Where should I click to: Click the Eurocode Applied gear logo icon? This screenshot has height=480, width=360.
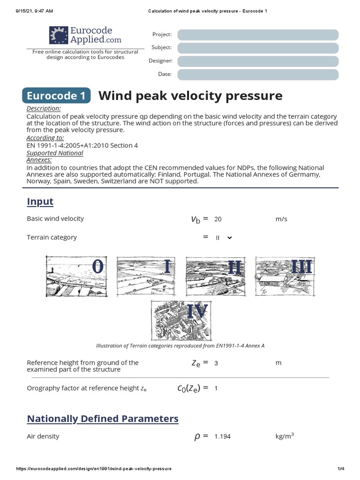pos(59,35)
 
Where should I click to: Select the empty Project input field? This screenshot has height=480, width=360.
pos(258,35)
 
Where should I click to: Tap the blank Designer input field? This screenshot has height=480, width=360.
pos(258,61)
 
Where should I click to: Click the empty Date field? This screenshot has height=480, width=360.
pos(258,75)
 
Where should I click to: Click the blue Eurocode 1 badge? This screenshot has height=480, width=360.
pos(56,96)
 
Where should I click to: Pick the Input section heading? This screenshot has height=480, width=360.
pos(40,202)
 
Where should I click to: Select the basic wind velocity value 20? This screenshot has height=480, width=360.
pos(217,219)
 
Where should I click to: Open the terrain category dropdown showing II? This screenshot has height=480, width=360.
pos(224,238)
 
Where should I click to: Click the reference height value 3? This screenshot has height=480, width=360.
pos(216,363)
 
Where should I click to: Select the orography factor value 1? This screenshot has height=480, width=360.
pos(216,388)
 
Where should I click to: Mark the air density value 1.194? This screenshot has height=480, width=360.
pos(222,436)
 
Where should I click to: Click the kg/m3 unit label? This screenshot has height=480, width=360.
pos(285,436)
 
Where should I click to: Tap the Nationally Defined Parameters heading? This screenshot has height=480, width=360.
pos(103,419)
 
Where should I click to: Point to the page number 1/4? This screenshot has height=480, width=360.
pos(341,469)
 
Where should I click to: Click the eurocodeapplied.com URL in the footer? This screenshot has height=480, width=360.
pos(94,469)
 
